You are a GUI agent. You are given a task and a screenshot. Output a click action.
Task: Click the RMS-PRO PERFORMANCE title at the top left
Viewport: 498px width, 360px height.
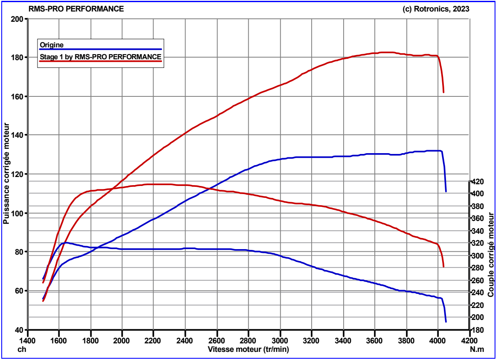click(76, 9)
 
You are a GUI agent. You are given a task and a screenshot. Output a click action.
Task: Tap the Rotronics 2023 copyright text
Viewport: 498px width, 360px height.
click(436, 9)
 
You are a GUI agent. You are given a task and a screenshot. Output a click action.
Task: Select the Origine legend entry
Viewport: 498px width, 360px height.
click(52, 45)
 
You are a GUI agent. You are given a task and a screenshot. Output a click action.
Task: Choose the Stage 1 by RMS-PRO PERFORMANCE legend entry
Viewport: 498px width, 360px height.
click(100, 57)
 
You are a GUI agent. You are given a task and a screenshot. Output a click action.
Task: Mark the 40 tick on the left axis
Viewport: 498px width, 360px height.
click(19, 330)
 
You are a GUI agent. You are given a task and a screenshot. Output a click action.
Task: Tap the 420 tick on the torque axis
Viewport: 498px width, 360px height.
click(478, 182)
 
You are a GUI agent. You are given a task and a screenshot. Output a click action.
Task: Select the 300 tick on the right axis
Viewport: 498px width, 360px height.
click(478, 256)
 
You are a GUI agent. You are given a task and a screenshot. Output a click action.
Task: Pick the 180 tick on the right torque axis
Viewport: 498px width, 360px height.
click(478, 331)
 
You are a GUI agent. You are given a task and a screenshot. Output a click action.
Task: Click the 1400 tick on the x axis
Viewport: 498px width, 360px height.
click(28, 341)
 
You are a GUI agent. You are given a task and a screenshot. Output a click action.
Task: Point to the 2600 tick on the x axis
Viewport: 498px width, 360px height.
click(217, 341)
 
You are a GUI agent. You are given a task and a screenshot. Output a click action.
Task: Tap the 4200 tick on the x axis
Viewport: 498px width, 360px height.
click(469, 341)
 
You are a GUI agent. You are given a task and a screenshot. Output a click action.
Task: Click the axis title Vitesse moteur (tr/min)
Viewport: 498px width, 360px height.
click(249, 349)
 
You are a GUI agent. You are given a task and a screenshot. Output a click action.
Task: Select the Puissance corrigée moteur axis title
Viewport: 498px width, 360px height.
click(6, 174)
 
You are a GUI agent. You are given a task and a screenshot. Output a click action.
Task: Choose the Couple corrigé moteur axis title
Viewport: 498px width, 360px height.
click(491, 255)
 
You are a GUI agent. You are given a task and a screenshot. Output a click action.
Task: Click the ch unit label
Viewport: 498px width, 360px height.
click(22, 349)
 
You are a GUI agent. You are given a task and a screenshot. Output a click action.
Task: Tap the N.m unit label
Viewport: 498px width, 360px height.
click(477, 349)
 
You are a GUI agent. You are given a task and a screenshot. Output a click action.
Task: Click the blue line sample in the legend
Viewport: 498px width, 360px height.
click(100, 49)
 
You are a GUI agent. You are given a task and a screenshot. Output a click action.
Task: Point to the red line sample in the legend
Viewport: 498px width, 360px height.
click(100, 61)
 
